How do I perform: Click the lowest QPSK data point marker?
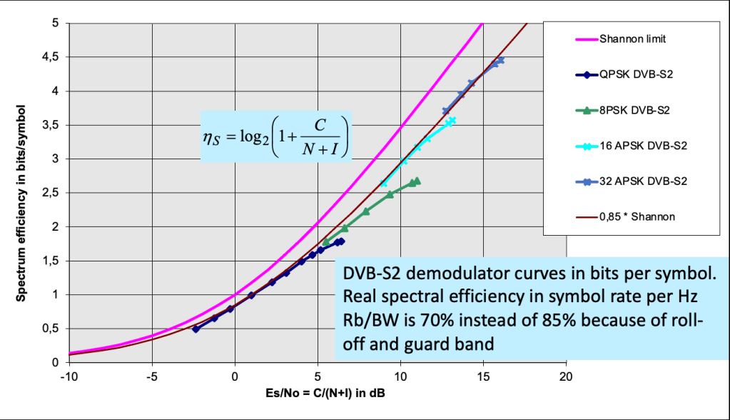[196, 329]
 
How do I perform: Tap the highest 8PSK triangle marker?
[417, 181]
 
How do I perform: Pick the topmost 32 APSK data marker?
[501, 60]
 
